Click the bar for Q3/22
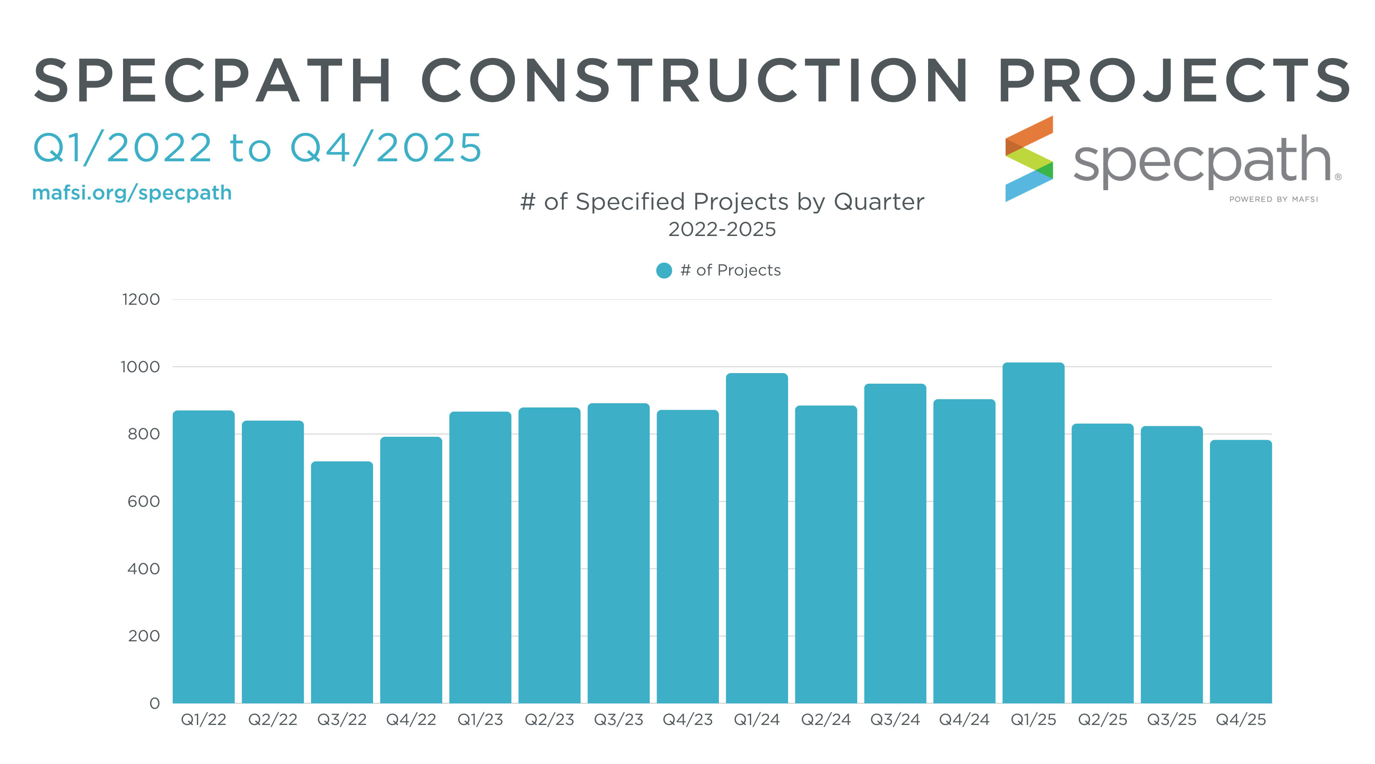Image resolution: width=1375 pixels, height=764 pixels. [342, 582]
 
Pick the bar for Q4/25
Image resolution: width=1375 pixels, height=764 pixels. [1240, 571]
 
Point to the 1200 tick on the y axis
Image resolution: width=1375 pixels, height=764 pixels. [141, 300]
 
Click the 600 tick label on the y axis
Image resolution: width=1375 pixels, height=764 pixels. [143, 501]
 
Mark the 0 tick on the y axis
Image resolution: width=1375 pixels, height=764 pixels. [154, 703]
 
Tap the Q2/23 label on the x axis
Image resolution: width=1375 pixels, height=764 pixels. [549, 720]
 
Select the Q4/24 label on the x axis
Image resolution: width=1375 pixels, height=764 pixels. [964, 720]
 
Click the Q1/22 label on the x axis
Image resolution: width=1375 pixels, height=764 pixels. [203, 720]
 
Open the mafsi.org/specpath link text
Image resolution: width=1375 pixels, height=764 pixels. [132, 193]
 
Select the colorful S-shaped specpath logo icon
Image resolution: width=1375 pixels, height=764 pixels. [1029, 159]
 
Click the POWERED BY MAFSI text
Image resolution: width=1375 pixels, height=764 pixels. [1273, 199]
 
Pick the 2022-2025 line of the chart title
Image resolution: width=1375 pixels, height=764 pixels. [721, 230]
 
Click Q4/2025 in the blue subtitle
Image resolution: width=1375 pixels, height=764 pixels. [385, 148]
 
